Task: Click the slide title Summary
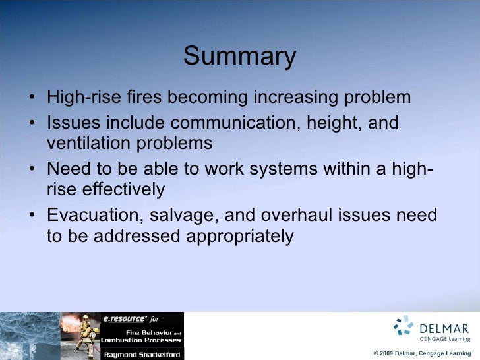click(x=240, y=57)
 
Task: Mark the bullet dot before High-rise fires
click(x=33, y=98)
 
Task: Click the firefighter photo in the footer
click(x=80, y=336)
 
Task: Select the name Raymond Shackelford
click(x=141, y=354)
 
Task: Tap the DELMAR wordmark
click(x=445, y=328)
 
